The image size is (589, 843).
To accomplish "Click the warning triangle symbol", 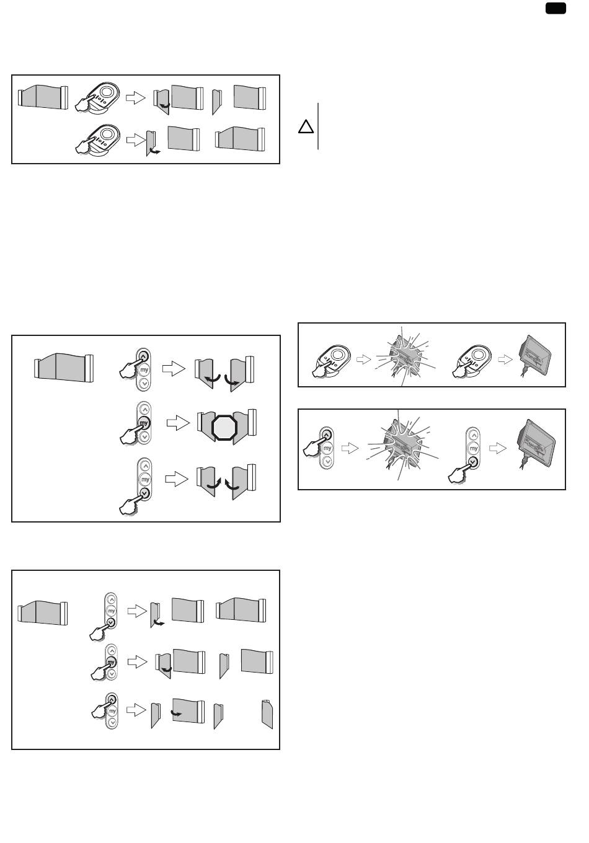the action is tap(306, 127).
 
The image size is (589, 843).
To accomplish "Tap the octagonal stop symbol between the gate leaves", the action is tap(224, 427).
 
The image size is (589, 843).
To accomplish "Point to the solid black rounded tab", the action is tap(556, 8).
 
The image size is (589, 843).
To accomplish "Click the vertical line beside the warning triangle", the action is tap(318, 126).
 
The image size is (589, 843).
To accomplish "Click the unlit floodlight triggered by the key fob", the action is tap(534, 355).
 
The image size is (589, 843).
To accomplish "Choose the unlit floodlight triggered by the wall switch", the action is tap(536, 443).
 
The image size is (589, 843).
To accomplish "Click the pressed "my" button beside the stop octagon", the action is tap(144, 423).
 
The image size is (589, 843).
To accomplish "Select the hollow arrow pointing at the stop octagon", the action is tap(178, 423).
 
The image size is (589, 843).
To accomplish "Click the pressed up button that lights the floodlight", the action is tap(326, 435).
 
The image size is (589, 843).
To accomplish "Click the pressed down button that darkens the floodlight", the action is tap(473, 461).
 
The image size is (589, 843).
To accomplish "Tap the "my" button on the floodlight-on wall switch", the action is tap(327, 448).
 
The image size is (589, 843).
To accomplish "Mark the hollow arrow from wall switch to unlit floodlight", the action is tap(497, 448).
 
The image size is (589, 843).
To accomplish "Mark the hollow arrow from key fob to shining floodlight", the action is tap(363, 360).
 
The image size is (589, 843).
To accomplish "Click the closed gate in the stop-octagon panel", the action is tap(64, 368).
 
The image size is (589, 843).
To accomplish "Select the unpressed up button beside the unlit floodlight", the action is tap(474, 435).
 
